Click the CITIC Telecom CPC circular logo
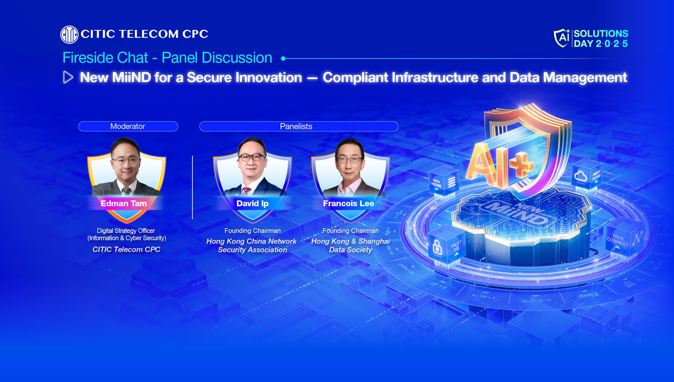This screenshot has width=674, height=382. point(69,35)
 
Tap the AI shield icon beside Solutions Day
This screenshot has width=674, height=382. point(562,38)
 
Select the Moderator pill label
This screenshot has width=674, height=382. point(128,126)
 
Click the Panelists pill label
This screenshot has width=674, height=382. point(296,126)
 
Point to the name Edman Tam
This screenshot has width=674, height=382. point(124,203)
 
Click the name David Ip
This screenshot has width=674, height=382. point(252,203)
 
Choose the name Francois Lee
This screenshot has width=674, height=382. point(348,203)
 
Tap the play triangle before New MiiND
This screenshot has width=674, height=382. point(68,78)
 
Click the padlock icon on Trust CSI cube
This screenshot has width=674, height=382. point(437,247)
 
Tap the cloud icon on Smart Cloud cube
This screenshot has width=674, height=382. point(580,176)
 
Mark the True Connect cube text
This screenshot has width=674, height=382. point(618,240)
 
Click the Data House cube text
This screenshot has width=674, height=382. point(436,183)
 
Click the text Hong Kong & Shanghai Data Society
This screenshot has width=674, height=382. point(350,245)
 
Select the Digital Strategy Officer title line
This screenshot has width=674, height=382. point(126,231)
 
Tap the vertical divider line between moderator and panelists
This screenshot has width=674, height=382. point(192,187)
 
